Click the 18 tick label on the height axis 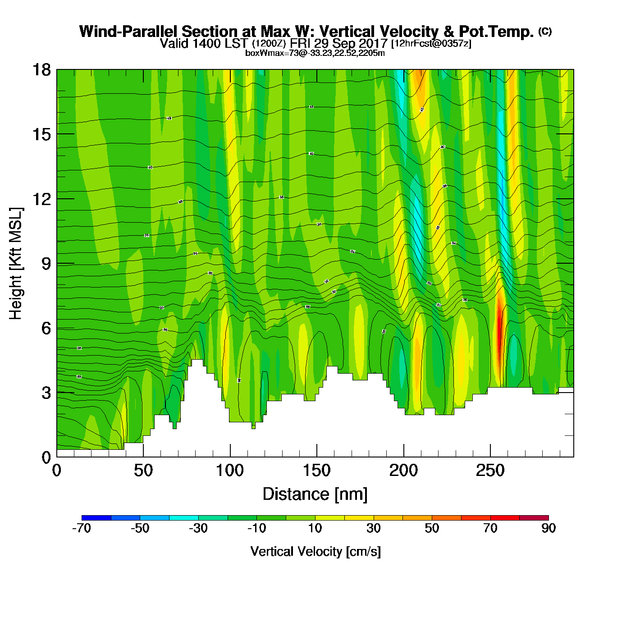[41, 70]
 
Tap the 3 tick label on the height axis [46, 393]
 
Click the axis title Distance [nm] [315, 494]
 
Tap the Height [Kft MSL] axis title [16, 264]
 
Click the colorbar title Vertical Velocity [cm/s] [315, 552]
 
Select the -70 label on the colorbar [82, 528]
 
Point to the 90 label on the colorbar [549, 528]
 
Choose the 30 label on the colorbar [373, 528]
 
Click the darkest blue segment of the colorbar [96, 517]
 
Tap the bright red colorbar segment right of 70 [505, 517]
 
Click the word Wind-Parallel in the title [129, 32]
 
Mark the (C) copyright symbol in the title [545, 31]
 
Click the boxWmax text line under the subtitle [315, 53]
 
